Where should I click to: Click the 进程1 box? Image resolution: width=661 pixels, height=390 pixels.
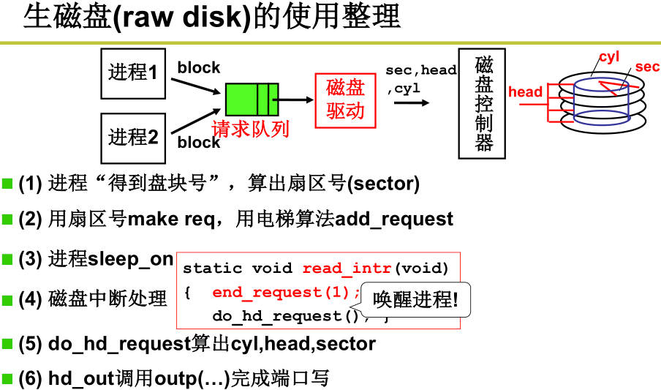[x=132, y=72]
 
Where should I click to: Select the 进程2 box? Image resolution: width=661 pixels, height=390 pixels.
[x=132, y=136]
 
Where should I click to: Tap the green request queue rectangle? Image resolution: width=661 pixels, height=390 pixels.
[x=252, y=100]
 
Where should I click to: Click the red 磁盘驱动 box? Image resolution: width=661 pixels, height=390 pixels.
[x=345, y=100]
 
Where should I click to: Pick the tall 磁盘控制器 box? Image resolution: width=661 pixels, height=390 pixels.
[x=482, y=103]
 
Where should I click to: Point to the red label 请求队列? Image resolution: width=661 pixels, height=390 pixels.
[x=250, y=130]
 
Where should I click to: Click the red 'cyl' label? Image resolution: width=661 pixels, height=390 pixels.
[x=608, y=57]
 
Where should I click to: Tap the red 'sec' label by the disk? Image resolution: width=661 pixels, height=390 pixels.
[x=647, y=67]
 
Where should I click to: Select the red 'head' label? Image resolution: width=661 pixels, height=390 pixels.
[x=525, y=91]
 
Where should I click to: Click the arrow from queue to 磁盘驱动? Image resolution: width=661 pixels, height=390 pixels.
[x=296, y=100]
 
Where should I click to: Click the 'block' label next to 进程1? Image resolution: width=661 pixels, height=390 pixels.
[x=198, y=68]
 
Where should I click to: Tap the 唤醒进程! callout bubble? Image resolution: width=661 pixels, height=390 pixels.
[x=415, y=299]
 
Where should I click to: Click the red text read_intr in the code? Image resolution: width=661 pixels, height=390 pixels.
[x=347, y=268]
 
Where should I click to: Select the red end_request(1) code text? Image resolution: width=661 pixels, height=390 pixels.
[x=285, y=292]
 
